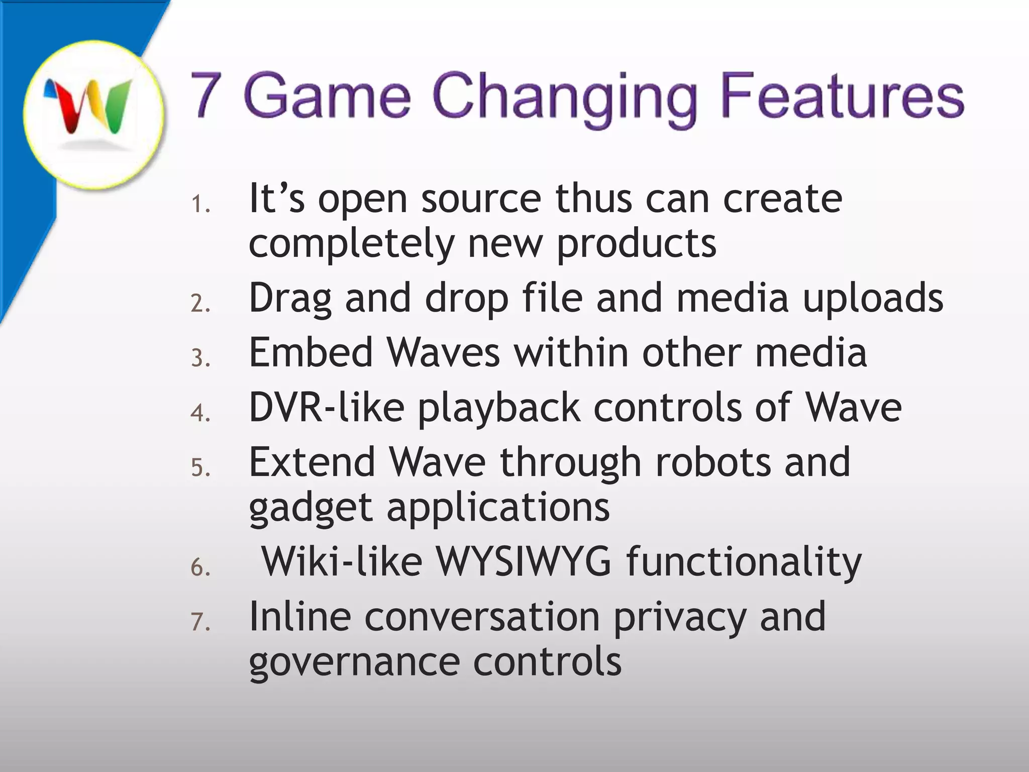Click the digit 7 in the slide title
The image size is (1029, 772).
click(x=206, y=95)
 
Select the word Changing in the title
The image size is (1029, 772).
click(x=564, y=98)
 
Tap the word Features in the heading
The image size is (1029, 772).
click(x=842, y=95)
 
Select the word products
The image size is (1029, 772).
click(x=636, y=244)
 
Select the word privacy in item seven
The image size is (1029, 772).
click(x=679, y=617)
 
